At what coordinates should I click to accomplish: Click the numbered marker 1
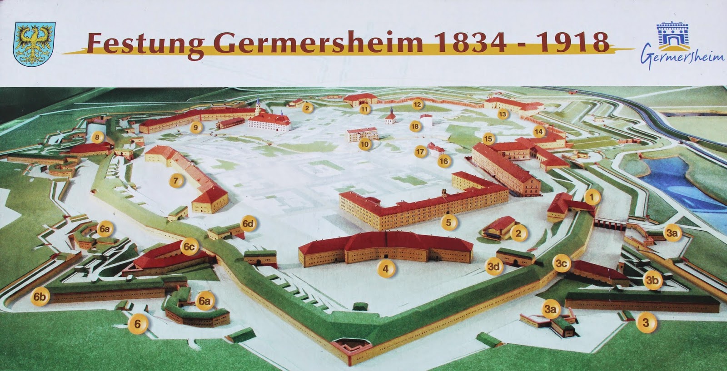tap(592, 197)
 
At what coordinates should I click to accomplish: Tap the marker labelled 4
tap(386, 268)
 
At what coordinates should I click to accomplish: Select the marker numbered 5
tap(449, 223)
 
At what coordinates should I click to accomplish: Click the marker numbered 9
tap(196, 128)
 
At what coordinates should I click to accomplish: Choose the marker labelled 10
tap(364, 144)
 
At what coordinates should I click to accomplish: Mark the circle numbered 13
tap(502, 114)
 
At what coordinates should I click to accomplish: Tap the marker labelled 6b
tap(40, 297)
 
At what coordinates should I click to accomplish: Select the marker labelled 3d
tap(493, 267)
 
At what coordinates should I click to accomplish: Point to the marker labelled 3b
tap(652, 281)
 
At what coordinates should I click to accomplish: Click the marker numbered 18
tap(414, 126)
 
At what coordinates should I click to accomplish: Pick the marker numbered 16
tap(443, 161)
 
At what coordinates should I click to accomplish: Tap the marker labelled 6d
tap(248, 223)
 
